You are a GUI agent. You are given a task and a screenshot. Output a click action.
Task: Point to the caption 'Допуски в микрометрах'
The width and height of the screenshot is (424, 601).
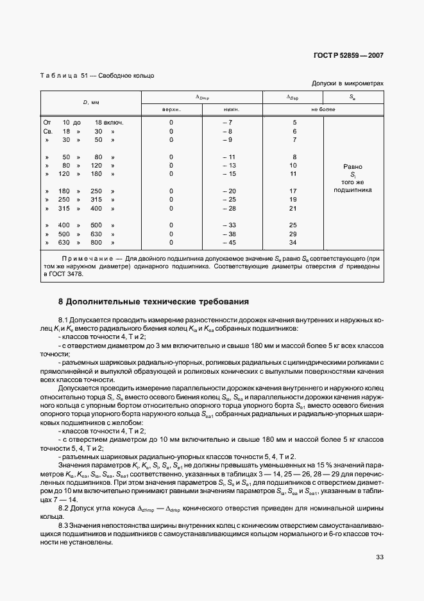coord(347,83)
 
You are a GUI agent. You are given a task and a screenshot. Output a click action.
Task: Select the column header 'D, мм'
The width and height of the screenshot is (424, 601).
coord(90,103)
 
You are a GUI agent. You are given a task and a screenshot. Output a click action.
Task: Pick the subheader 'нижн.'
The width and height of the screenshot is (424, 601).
coord(229,109)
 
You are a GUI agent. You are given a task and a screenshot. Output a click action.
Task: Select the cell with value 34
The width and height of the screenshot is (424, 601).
coord(294,242)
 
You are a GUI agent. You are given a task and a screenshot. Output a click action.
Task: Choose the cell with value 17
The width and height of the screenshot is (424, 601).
coord(294,191)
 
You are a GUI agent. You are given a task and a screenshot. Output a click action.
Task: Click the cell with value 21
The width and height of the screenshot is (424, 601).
coord(294,208)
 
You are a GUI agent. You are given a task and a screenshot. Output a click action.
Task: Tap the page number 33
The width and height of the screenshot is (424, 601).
coord(379,557)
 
